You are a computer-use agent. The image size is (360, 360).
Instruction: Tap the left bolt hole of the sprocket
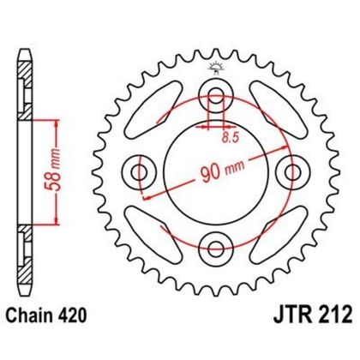tap(138, 170)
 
